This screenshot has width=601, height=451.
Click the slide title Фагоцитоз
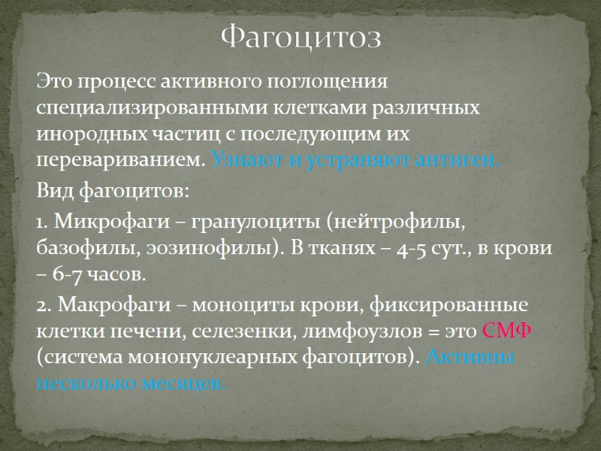point(300,37)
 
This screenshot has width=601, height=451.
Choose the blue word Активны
point(470,357)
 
